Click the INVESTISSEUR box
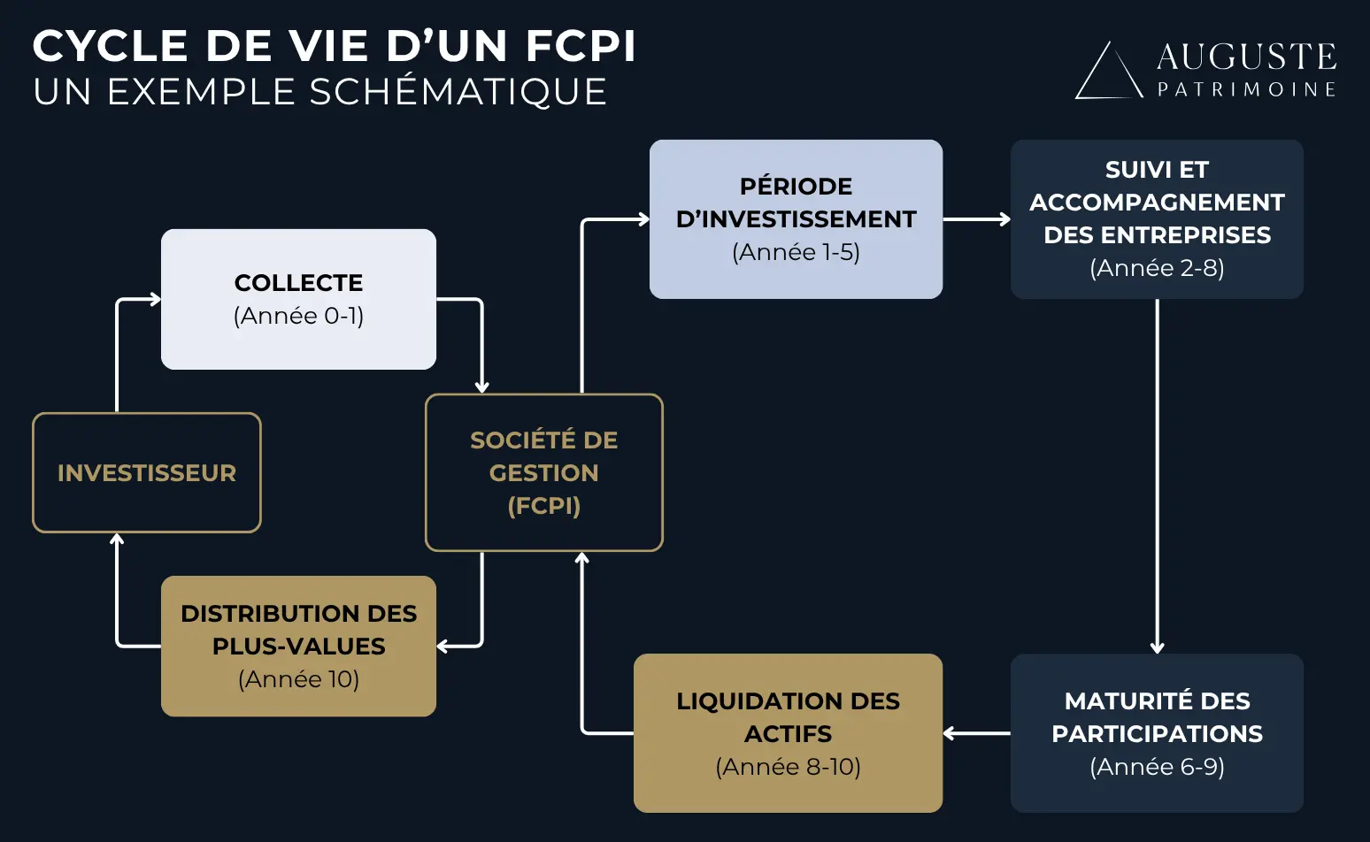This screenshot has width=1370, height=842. pos(147,473)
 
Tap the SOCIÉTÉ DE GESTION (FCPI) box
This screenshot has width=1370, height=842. pos(543,472)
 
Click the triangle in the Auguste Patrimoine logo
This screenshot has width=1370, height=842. pos(1107,73)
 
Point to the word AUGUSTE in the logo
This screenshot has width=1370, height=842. pos(1246,57)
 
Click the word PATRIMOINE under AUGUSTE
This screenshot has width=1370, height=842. pos(1246,89)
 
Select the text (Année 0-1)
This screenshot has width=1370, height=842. pos(298,316)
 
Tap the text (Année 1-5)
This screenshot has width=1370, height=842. pos(796,252)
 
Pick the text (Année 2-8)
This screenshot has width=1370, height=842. pos(1157,268)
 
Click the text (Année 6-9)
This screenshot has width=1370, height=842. pos(1157,767)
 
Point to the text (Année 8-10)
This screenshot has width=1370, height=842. pos(788,767)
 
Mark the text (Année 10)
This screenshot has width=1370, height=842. pos(298,679)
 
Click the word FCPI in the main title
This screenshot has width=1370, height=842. pos(581,47)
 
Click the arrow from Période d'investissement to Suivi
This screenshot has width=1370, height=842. pos(976,219)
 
